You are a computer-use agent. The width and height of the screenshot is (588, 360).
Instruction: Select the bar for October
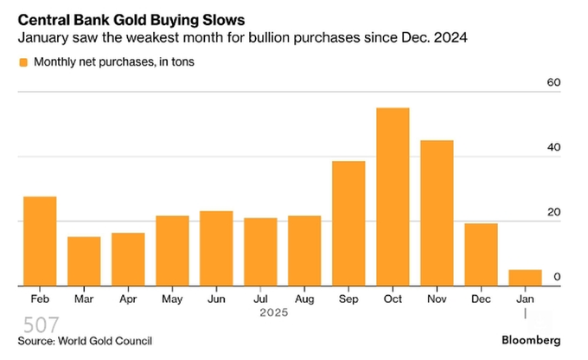click(x=393, y=196)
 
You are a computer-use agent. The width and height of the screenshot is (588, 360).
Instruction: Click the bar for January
click(x=525, y=277)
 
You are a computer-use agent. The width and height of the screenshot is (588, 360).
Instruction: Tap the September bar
click(x=348, y=223)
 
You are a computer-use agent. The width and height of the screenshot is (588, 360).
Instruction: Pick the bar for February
click(x=40, y=241)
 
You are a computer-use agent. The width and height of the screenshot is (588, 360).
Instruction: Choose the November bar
click(x=437, y=213)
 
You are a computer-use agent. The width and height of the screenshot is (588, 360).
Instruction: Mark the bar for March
click(x=84, y=260)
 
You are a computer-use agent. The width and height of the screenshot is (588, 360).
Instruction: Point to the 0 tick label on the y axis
click(x=557, y=277)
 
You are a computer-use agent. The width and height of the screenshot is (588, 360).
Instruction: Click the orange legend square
click(x=22, y=62)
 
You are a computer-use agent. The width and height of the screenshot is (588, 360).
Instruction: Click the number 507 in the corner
click(x=41, y=325)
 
